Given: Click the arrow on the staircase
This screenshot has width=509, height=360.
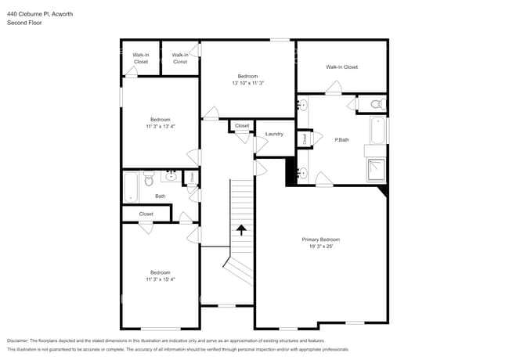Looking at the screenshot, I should [241, 230].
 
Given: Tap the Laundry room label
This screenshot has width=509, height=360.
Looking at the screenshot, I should [274, 134].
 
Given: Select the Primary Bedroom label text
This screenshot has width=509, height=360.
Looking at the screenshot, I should [321, 239].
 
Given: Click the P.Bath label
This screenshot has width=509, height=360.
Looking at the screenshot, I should [341, 140].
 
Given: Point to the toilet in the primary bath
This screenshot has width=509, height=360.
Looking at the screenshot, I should [374, 103].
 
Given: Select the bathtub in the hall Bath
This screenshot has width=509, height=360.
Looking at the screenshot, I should [131, 187].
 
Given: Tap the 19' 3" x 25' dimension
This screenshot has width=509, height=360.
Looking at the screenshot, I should [321, 246].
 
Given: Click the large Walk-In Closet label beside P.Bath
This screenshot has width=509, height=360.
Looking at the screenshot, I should [341, 67].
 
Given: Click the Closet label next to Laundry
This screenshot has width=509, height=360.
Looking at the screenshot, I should [242, 125].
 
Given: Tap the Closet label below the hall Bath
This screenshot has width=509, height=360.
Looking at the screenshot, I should [146, 214].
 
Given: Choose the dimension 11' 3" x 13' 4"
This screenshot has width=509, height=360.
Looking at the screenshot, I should [161, 126].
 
